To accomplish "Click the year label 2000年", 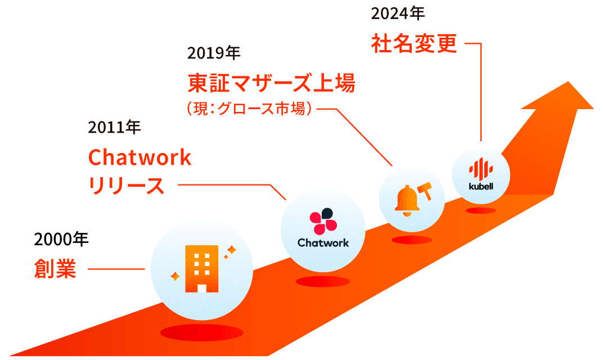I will [61, 240].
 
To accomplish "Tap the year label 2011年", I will [114, 127].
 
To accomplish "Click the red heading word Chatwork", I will [140, 158].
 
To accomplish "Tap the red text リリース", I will [127, 186].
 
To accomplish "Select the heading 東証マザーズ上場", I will [271, 84].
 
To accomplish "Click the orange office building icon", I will [202, 269].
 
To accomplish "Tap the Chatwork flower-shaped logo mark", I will [323, 221].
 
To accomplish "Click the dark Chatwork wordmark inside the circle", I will [323, 243].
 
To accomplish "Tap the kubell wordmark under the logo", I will [481, 186].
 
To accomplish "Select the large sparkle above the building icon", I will [231, 249].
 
